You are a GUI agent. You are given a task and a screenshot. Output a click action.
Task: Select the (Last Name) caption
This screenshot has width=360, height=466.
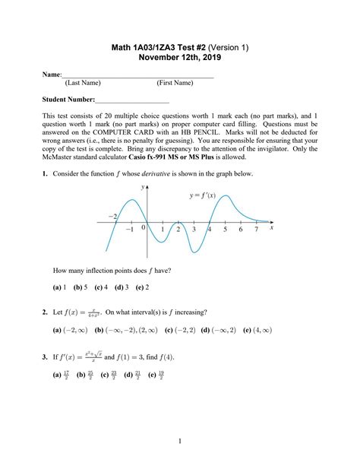pos(83,83)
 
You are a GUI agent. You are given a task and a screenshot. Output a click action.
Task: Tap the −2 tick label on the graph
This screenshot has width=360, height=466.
pos(113,217)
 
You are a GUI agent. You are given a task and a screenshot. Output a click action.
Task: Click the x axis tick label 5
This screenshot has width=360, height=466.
pos(225,229)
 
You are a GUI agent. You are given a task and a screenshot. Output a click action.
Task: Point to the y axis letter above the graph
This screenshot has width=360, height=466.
pos(142,186)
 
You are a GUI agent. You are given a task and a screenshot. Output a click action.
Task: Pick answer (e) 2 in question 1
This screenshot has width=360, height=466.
pos(141,287)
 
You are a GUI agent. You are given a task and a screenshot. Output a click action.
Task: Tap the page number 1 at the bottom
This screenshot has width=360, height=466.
pos(180,440)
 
